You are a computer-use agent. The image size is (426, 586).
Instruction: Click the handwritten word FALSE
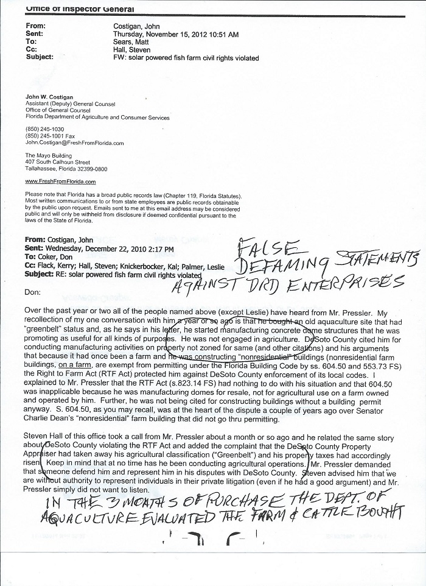pos(268,247)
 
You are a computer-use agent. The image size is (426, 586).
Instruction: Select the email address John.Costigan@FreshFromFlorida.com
pos(74,143)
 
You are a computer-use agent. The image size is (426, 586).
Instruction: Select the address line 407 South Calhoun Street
pos(57,162)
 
